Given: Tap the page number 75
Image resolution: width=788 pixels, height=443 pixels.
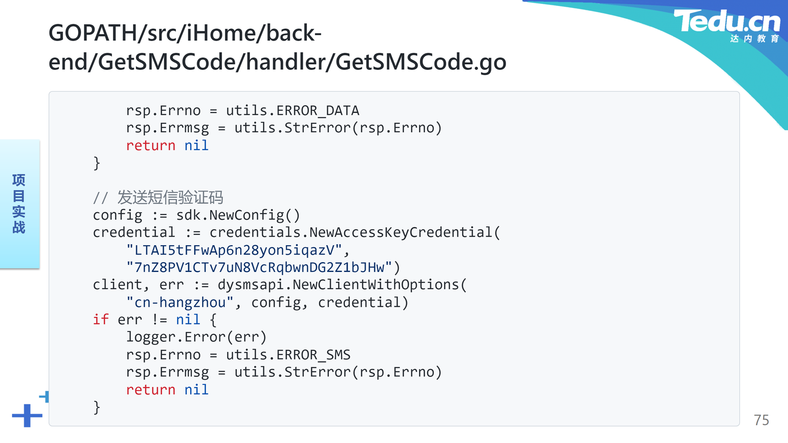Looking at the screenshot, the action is [761, 420].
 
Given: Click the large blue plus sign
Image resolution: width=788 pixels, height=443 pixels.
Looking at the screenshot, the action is [27, 416].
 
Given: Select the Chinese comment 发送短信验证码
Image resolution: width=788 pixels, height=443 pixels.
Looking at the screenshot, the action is [170, 198].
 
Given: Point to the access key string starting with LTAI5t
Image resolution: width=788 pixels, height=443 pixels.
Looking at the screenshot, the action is [234, 250].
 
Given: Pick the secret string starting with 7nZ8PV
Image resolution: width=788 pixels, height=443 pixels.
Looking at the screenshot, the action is [259, 267].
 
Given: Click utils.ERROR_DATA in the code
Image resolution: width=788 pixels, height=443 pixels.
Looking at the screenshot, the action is [293, 111].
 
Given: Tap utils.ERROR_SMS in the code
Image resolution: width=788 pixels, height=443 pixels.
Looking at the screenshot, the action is [288, 355].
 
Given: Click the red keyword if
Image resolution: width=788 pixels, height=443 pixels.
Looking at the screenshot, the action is [101, 320].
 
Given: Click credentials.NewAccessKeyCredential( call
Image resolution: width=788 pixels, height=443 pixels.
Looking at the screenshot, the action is [355, 233].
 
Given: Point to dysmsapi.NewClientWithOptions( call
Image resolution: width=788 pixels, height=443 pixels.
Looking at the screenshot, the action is [342, 285].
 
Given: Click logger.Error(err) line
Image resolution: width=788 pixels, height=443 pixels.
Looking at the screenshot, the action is [196, 337].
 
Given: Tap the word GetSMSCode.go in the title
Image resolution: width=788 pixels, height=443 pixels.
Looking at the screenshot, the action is [421, 62].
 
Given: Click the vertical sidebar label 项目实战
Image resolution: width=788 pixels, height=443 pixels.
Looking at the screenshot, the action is [19, 204].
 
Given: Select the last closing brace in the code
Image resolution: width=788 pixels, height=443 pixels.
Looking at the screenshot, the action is [97, 407].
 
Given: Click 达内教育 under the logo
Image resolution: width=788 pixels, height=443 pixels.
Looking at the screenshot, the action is [754, 39].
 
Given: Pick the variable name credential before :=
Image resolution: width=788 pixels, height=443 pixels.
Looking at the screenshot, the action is [134, 233].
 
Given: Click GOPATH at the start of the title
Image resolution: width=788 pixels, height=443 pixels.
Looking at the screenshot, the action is [93, 33].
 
